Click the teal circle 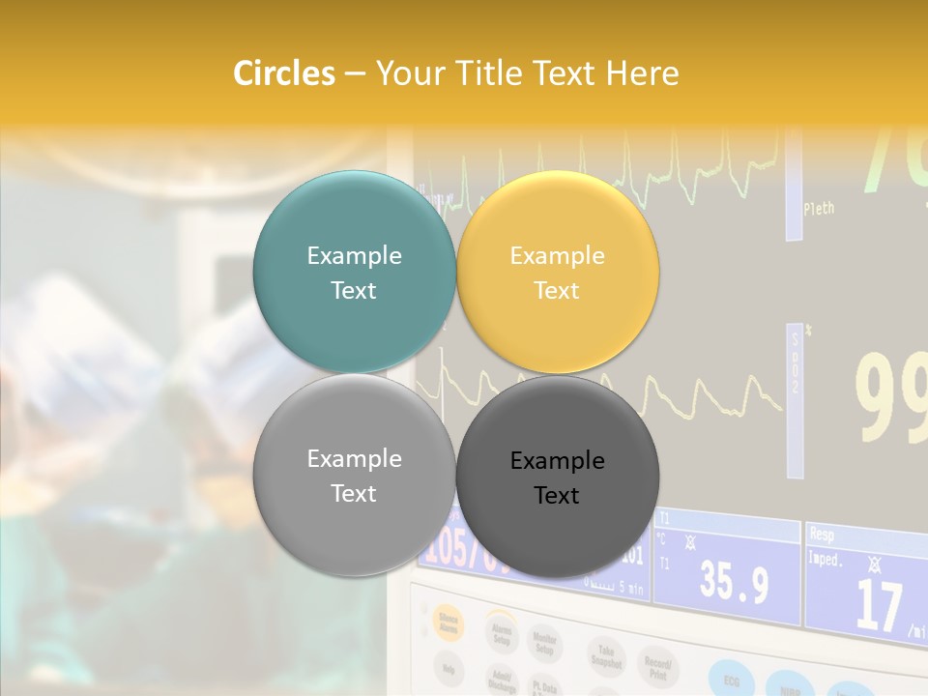(x=354, y=272)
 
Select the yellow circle (x=557, y=272)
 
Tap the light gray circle (x=354, y=475)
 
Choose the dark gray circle (x=557, y=477)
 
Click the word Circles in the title (x=283, y=73)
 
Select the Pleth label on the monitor (x=818, y=208)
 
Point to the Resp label (x=822, y=534)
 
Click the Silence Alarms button (x=449, y=623)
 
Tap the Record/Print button (x=658, y=667)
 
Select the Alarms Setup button (x=501, y=632)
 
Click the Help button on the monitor (x=449, y=667)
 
